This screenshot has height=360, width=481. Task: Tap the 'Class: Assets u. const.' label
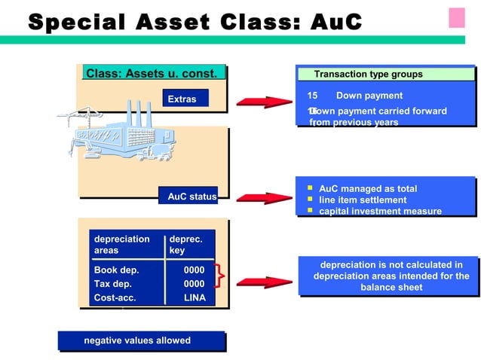154,74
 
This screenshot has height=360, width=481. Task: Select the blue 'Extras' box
182,99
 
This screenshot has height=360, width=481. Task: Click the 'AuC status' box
191,197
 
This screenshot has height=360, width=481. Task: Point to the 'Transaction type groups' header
368,74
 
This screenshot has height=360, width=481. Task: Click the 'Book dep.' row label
116,270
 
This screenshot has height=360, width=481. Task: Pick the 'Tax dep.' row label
113,284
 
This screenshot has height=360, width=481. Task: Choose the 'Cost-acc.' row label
115,298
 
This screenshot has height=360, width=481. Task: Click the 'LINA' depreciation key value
195,298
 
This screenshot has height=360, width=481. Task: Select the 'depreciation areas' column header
121,245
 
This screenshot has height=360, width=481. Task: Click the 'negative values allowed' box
137,341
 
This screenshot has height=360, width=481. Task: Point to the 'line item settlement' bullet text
363,200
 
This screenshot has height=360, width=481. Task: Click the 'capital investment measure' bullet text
380,211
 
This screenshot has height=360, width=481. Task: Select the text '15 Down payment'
355,96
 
